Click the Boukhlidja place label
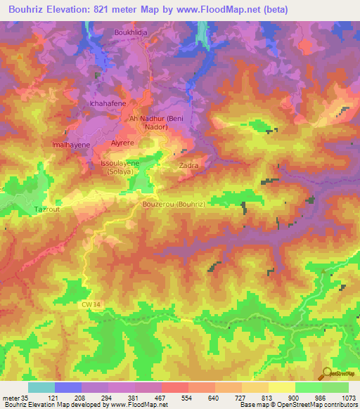(132, 32)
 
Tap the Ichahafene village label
(107, 104)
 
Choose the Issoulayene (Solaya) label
(120, 167)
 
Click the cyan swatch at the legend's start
(41, 387)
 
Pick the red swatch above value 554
(174, 387)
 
